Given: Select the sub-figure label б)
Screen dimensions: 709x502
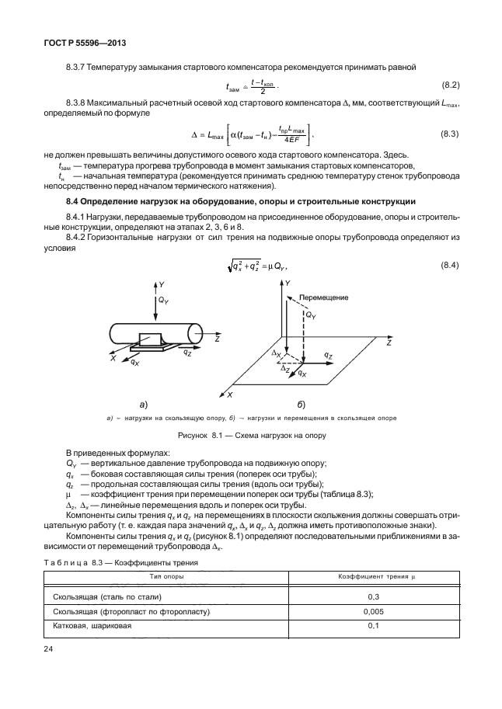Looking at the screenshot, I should (301, 404).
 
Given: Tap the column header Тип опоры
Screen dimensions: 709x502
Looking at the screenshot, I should (166, 577).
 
